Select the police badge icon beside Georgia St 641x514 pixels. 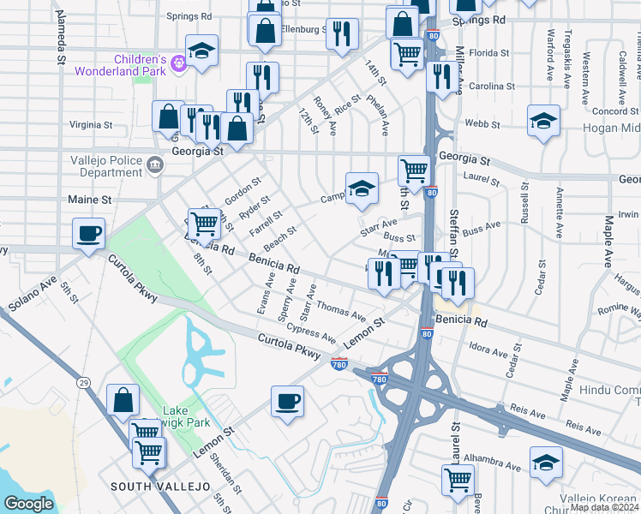[x=154, y=164]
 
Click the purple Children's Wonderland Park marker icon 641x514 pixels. [x=178, y=62]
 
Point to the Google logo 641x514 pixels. [x=28, y=503]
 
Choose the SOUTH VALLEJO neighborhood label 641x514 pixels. [x=160, y=486]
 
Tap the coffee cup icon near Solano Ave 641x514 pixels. [x=89, y=233]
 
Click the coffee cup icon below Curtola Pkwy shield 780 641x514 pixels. [x=288, y=400]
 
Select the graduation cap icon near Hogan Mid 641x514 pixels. [x=543, y=121]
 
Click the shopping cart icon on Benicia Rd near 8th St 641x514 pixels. [x=205, y=224]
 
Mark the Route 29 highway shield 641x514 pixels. [x=83, y=382]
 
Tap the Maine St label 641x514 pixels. [x=90, y=200]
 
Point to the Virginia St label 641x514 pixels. [x=91, y=124]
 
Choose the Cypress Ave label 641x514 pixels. [x=312, y=332]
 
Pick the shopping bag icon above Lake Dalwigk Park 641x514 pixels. [x=123, y=400]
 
